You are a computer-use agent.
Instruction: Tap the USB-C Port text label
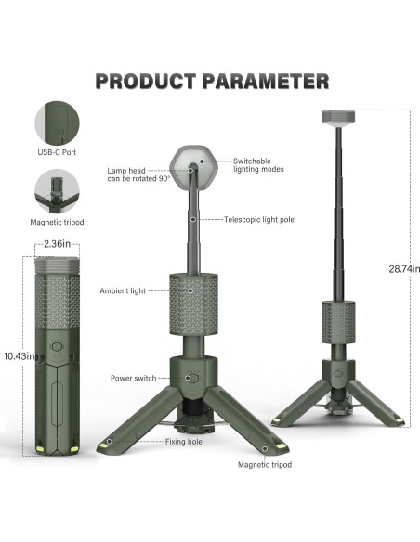pyautogui.click(x=56, y=152)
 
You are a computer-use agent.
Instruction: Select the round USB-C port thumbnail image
pyautogui.click(x=56, y=122)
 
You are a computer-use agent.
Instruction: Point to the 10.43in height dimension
pyautogui.click(x=18, y=355)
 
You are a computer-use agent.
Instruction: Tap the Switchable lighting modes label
pyautogui.click(x=258, y=164)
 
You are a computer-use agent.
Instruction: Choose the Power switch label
pyautogui.click(x=132, y=379)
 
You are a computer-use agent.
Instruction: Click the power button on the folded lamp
pyautogui.click(x=57, y=352)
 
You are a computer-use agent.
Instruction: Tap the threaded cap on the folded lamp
pyautogui.click(x=57, y=264)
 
